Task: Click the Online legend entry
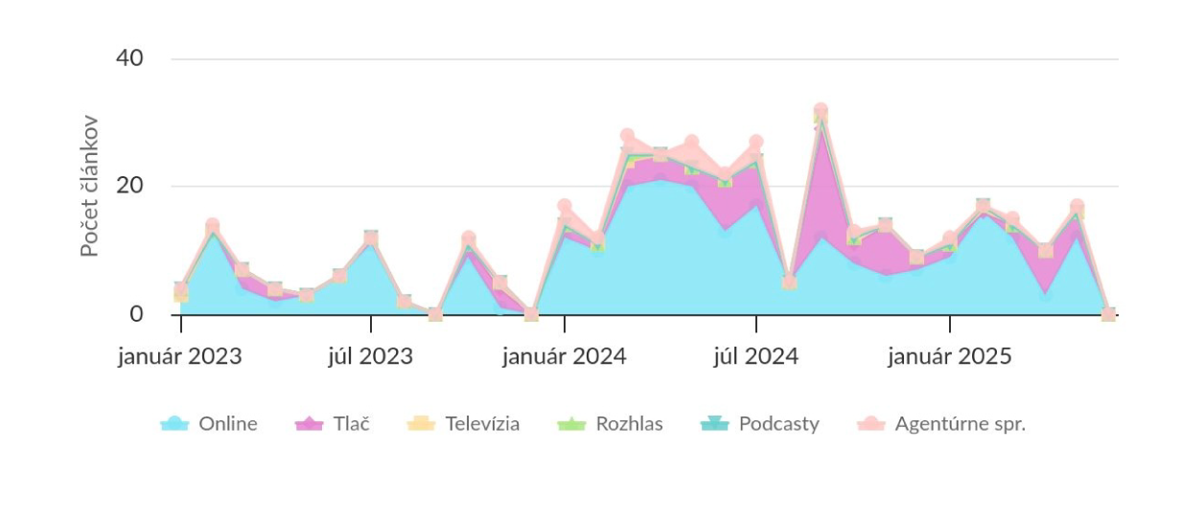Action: tap(209, 424)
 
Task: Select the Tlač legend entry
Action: tap(333, 424)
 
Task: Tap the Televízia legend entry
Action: tap(463, 424)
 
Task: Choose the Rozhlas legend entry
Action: tap(610, 424)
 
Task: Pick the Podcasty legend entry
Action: tap(760, 424)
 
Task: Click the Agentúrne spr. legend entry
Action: tap(941, 424)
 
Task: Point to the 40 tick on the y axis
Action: tap(129, 58)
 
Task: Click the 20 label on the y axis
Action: tap(129, 186)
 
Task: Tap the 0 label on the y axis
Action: tap(136, 314)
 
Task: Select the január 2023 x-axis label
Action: tap(180, 356)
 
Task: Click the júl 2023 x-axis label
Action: tap(370, 356)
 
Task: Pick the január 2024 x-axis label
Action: tap(565, 356)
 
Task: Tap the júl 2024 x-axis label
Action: tap(756, 356)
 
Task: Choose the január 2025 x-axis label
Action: tap(950, 356)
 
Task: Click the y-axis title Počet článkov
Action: tap(89, 186)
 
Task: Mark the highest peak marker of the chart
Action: tap(821, 110)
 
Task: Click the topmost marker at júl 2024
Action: tap(756, 143)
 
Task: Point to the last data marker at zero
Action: tap(1108, 314)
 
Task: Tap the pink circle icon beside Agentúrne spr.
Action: tap(871, 424)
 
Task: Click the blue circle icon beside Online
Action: tap(174, 424)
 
